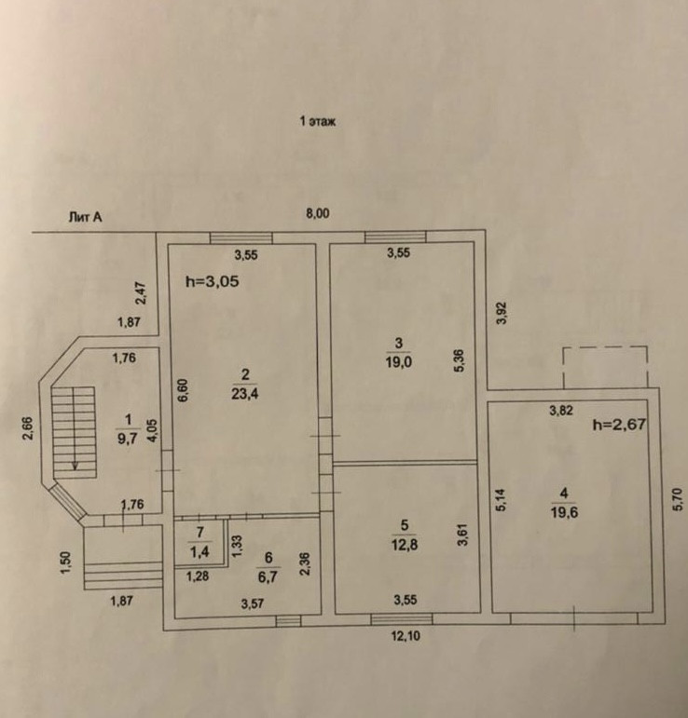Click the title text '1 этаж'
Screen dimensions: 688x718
pos(317,123)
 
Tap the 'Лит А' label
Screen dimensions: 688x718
pos(85,217)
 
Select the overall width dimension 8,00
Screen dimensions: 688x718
pos(318,213)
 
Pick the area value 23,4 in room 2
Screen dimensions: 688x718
pos(246,392)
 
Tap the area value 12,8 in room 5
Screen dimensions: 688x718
pos(404,550)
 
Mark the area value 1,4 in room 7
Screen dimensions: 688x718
pos(198,552)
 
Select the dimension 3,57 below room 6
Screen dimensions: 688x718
pos(252,604)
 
